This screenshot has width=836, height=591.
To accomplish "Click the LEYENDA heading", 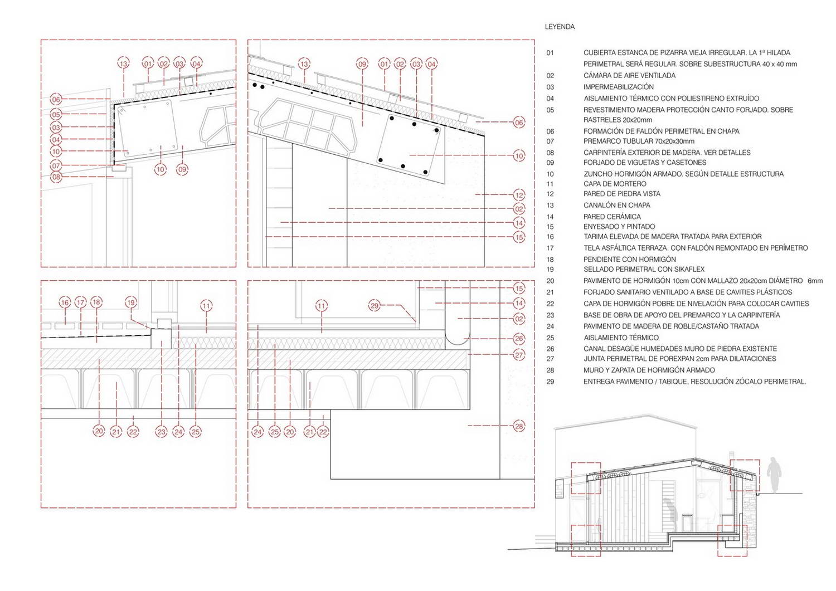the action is pyautogui.click(x=560, y=27).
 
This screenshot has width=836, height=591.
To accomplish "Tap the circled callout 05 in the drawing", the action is pyautogui.click(x=56, y=115).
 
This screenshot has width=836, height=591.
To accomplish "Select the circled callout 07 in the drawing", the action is pyautogui.click(x=56, y=165).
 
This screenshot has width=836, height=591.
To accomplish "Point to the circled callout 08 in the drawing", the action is pyautogui.click(x=56, y=177).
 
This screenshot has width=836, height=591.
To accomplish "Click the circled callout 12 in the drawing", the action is pyautogui.click(x=519, y=195).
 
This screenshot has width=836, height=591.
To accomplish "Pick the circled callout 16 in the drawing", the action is pyautogui.click(x=65, y=302).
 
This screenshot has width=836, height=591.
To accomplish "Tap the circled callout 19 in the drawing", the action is pyautogui.click(x=130, y=302).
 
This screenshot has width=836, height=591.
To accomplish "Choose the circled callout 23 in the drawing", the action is pyautogui.click(x=161, y=432).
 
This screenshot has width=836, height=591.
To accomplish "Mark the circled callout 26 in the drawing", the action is pyautogui.click(x=519, y=339).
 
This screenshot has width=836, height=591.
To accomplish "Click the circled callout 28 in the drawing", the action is pyautogui.click(x=519, y=426).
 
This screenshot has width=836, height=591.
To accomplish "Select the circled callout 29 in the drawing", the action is pyautogui.click(x=375, y=306).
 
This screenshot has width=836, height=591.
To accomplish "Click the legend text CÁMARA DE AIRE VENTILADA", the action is pyautogui.click(x=630, y=76).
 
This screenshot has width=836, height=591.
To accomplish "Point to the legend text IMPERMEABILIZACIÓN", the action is pyautogui.click(x=619, y=87).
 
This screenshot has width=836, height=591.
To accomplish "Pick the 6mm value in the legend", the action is pyautogui.click(x=815, y=281).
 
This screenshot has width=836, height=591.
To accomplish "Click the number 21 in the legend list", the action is pyautogui.click(x=550, y=292).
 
